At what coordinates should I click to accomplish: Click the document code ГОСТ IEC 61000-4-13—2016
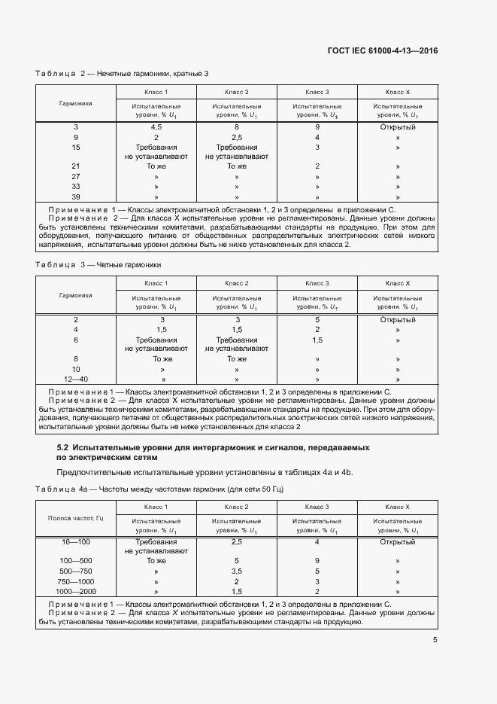pyautogui.click(x=383, y=51)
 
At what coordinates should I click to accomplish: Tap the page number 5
pyautogui.click(x=435, y=640)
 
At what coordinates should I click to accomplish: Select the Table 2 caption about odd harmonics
pyautogui.click(x=122, y=73)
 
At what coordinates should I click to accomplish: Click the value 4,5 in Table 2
pyautogui.click(x=156, y=127)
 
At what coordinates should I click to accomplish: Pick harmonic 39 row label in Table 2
pyautogui.click(x=75, y=197)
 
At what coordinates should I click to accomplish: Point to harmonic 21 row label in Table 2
pyautogui.click(x=75, y=166)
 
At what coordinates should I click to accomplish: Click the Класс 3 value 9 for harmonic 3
pyautogui.click(x=317, y=127)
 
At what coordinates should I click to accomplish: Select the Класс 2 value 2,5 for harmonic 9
pyautogui.click(x=237, y=138)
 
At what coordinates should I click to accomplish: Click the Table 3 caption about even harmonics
pyautogui.click(x=98, y=265)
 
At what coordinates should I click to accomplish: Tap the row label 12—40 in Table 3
pyautogui.click(x=75, y=379)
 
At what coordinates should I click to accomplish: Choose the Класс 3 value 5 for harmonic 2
pyautogui.click(x=317, y=319)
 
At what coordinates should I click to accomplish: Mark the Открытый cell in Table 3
pyautogui.click(x=397, y=319)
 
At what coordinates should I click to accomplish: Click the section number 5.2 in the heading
pyautogui.click(x=63, y=447)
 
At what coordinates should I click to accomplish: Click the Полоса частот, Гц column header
pyautogui.click(x=75, y=518)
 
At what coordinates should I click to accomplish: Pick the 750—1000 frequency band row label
pyautogui.click(x=75, y=582)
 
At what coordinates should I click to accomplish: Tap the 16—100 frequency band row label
pyautogui.click(x=75, y=542)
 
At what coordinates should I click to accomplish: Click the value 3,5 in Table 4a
pyautogui.click(x=237, y=571)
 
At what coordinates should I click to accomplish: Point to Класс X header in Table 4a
pyautogui.click(x=397, y=507)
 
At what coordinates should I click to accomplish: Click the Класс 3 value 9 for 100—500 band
pyautogui.click(x=317, y=561)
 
